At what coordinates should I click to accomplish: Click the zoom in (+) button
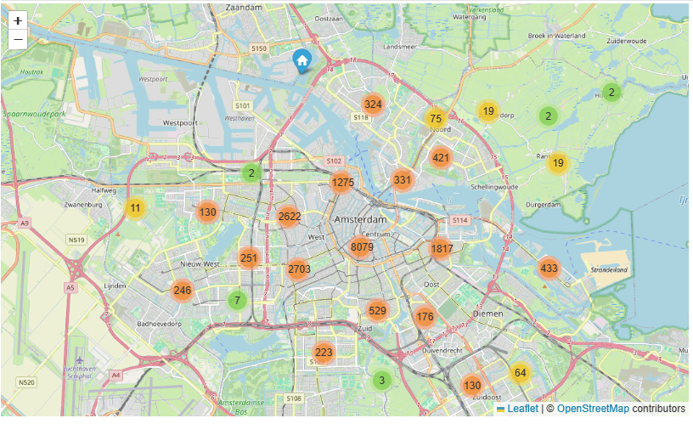[18, 20]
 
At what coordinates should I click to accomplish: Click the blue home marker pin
[301, 59]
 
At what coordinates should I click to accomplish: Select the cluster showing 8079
[362, 247]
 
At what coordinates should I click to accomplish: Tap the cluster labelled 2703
[299, 269]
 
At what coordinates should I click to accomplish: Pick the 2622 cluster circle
[289, 216]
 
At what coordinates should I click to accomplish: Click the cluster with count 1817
[442, 249]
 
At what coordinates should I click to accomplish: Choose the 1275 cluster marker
[342, 182]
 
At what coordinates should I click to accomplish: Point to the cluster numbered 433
[549, 269]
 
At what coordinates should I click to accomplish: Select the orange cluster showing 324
[372, 105]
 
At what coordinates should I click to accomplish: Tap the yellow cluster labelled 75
[436, 119]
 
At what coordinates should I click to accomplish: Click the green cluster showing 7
[238, 300]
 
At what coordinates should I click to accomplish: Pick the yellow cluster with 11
[136, 208]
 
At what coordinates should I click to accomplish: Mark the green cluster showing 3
[382, 380]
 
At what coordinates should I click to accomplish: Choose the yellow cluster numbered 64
[521, 372]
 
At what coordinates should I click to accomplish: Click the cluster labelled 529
[378, 311]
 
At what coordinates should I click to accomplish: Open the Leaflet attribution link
[521, 410]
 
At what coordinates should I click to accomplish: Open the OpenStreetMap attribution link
[594, 410]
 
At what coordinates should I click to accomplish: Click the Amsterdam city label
[361, 219]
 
